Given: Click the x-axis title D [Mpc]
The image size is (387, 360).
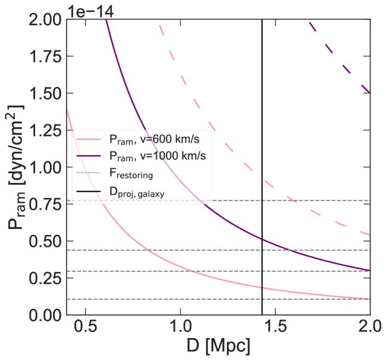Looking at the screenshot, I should click(x=218, y=347).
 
